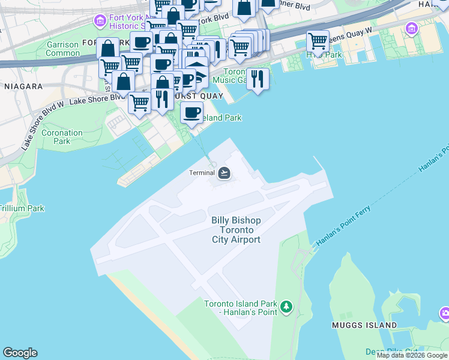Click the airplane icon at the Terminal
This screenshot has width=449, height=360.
point(224,173)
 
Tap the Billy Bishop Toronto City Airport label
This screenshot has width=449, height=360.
point(236,230)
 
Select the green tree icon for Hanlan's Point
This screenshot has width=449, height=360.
point(287,307)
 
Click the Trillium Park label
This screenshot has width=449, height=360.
point(22,208)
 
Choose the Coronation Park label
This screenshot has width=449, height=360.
point(62,137)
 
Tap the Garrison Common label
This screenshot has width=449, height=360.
point(63,49)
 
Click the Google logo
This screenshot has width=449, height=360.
point(20,353)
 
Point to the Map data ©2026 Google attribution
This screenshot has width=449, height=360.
point(412,355)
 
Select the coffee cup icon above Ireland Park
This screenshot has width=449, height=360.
point(191,112)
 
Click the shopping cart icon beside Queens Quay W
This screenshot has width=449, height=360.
point(318,41)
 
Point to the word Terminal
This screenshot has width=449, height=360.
point(202,173)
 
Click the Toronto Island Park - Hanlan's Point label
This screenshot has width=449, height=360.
point(240,307)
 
